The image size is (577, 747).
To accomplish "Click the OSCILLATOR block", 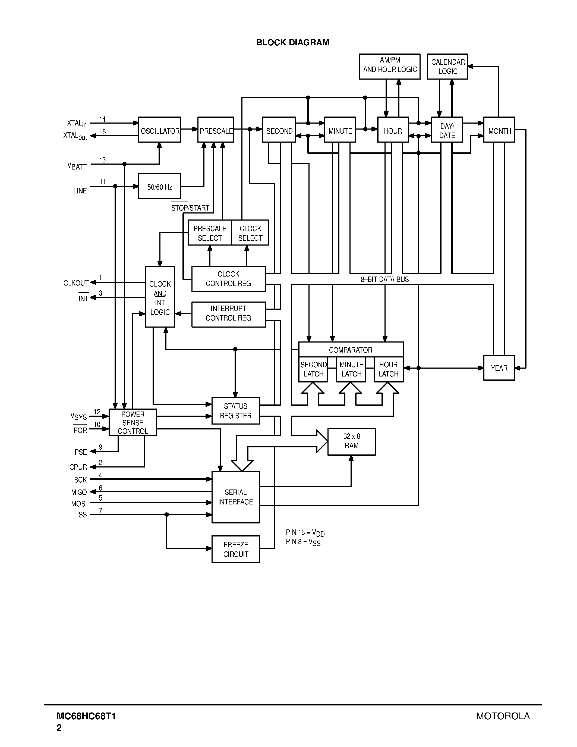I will [x=160, y=130].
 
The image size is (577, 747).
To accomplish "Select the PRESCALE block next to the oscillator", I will [x=216, y=130].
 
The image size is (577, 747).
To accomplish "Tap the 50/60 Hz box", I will [x=160, y=186].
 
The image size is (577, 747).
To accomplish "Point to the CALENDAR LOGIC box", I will [x=447, y=67].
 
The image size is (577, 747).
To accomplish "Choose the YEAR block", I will [x=499, y=368].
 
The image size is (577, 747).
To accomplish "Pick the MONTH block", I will [x=499, y=130].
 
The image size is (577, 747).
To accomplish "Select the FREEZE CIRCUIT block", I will [x=235, y=549].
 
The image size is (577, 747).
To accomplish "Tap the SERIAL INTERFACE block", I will [x=235, y=497].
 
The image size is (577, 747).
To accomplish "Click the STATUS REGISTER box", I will [x=235, y=411].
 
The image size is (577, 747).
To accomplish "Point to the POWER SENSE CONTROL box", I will [x=133, y=422].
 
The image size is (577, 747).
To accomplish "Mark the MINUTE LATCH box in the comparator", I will [x=351, y=369].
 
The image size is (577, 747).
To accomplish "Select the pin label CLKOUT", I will [x=76, y=283].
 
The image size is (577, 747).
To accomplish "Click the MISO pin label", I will [x=79, y=492].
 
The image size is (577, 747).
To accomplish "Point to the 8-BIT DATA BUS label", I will [x=384, y=280].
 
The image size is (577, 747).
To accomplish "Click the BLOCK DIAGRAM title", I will [x=293, y=42].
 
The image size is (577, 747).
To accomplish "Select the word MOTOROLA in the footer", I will [x=503, y=716].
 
